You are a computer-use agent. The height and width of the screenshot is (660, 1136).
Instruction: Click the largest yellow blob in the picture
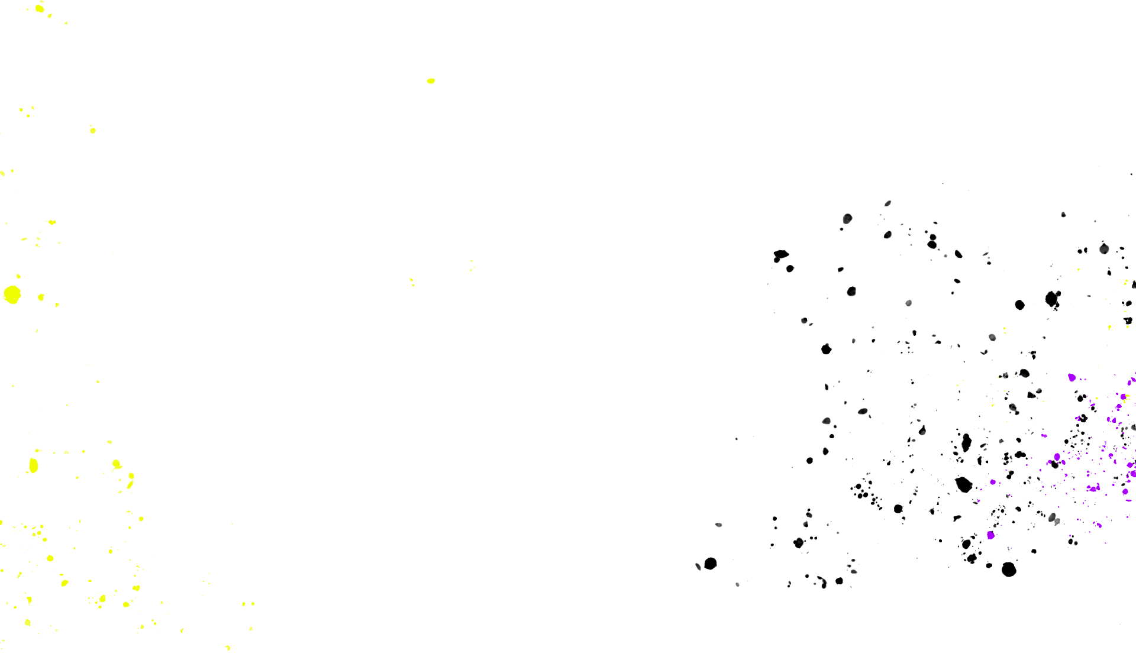(x=12, y=294)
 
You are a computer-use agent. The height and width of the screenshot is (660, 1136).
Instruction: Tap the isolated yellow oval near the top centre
(x=431, y=81)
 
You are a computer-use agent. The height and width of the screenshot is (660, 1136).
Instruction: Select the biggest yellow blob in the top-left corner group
(x=40, y=8)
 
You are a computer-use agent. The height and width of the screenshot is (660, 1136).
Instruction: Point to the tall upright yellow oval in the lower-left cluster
(x=34, y=465)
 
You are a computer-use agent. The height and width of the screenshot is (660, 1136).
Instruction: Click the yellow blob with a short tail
(x=117, y=464)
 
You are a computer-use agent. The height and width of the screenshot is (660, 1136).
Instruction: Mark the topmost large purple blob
(x=1072, y=377)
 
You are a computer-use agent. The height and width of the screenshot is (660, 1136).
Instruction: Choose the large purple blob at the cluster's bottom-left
(x=990, y=535)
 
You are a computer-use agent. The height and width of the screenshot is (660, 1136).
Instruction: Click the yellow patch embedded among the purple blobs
(x=1126, y=399)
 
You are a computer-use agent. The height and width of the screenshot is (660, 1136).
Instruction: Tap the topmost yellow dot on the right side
(x=1079, y=270)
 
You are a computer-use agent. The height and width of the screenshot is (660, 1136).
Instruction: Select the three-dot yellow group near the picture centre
(x=473, y=265)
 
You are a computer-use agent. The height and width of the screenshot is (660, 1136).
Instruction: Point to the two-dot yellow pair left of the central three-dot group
(x=412, y=282)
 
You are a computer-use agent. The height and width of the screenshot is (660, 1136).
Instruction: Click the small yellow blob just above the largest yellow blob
(x=18, y=276)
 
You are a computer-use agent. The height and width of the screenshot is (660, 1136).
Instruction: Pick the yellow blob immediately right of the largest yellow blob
(x=41, y=297)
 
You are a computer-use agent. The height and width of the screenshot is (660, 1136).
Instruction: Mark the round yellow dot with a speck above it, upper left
(x=93, y=130)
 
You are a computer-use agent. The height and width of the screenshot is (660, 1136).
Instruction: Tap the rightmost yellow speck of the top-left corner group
(x=66, y=22)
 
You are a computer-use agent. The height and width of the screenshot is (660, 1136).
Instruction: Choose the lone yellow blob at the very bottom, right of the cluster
(x=228, y=648)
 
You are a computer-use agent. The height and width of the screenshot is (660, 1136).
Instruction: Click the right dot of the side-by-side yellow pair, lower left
(x=253, y=604)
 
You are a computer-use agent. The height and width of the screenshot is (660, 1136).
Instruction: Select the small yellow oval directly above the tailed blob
(x=109, y=442)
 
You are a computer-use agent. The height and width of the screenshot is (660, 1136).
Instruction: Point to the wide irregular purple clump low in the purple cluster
(x=1093, y=488)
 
